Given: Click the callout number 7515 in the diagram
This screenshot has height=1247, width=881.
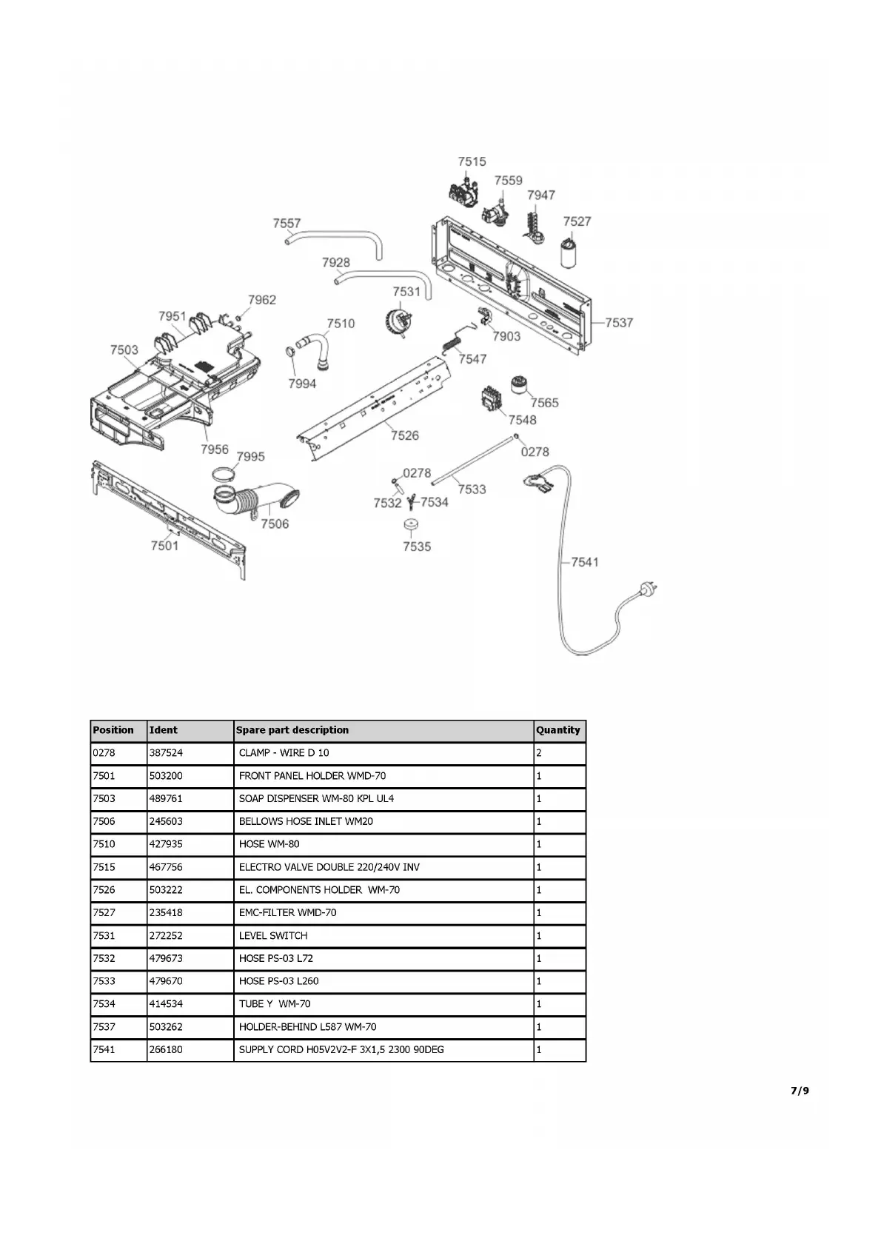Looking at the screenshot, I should tap(472, 161).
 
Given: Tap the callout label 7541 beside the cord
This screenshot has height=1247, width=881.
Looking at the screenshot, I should tap(584, 562).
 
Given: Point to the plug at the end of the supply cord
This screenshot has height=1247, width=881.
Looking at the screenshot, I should tap(645, 591).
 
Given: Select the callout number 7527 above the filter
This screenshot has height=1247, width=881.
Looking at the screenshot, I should tap(577, 221).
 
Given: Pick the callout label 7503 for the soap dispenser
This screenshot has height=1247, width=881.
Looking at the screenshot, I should tap(124, 350).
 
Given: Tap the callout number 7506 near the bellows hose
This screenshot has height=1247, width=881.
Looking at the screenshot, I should tap(275, 524).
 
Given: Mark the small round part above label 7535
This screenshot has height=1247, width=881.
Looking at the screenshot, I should tap(412, 525).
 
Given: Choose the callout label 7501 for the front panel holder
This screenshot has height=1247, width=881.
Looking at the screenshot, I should tap(164, 546).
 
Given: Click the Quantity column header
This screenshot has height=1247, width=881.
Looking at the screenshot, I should tap(558, 730).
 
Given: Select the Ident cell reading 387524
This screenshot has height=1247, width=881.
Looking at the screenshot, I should tap(166, 753).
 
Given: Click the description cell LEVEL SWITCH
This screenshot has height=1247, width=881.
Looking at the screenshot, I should tap(273, 936).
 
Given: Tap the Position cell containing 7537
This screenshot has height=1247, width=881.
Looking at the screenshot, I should tap(104, 1027).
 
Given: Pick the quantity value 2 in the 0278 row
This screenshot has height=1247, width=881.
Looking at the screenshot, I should tap(539, 753).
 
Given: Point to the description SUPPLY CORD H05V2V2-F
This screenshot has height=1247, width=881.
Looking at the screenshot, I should tap(341, 1050).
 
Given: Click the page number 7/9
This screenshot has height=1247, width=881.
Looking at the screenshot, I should tap(800, 1091).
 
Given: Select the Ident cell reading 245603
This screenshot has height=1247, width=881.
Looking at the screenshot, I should tap(166, 821).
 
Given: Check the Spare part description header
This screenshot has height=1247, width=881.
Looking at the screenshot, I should tap(292, 730).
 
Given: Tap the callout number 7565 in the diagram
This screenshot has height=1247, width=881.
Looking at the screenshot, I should tap(544, 403).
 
